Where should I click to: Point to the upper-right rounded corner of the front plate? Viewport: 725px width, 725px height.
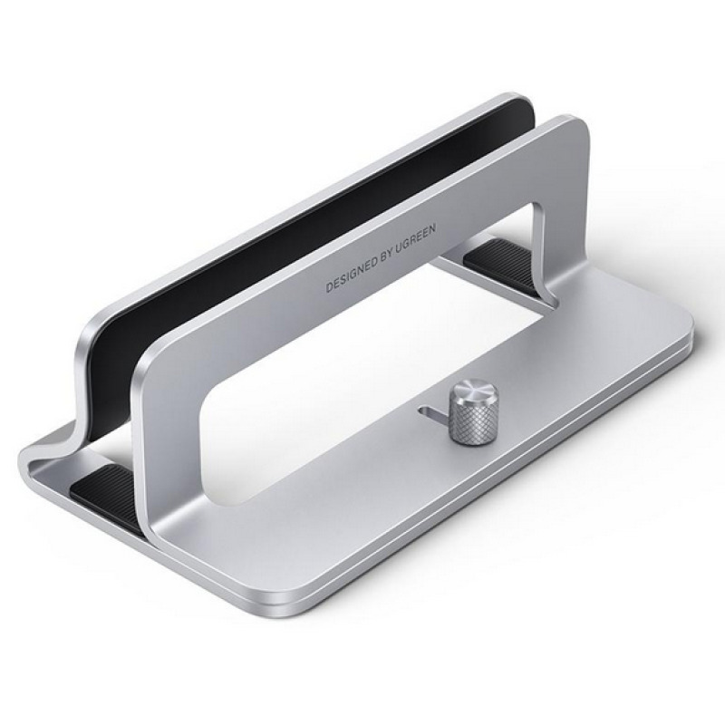pos(571,136)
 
